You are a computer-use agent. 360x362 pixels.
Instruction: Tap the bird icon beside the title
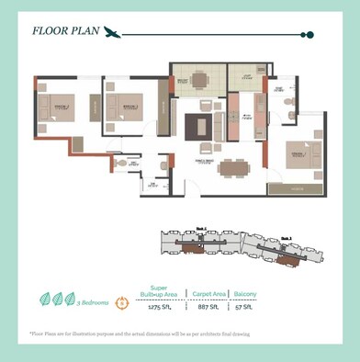click(x=112, y=33)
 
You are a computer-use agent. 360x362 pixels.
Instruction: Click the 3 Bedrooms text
click(x=96, y=301)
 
